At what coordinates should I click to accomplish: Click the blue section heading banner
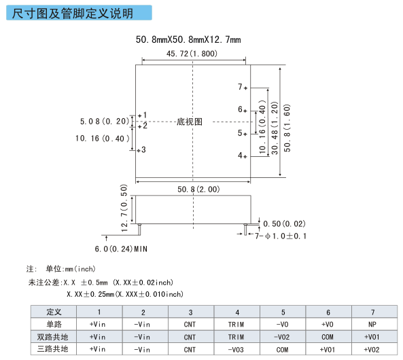79,13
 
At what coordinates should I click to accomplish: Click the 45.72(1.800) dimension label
192,54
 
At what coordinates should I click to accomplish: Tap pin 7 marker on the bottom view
245,88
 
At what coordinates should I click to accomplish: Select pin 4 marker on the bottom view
245,156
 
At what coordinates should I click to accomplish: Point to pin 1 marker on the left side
140,116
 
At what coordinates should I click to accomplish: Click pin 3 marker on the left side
139,150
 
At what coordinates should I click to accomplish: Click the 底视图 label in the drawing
190,122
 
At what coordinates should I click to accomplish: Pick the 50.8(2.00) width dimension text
198,190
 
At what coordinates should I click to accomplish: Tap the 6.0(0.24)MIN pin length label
121,249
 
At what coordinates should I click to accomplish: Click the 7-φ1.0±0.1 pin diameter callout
281,236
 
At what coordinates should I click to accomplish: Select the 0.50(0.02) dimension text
284,223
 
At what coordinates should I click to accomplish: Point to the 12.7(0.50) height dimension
124,208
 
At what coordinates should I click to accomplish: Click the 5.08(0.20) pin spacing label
105,122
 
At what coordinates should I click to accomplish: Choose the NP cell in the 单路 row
372,324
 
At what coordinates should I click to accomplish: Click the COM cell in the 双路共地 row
328,337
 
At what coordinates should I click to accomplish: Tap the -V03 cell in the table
236,349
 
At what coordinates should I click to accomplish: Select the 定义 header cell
54,312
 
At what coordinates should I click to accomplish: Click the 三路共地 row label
52,349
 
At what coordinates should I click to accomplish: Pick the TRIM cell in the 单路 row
236,324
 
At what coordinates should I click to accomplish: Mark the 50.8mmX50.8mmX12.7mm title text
188,39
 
